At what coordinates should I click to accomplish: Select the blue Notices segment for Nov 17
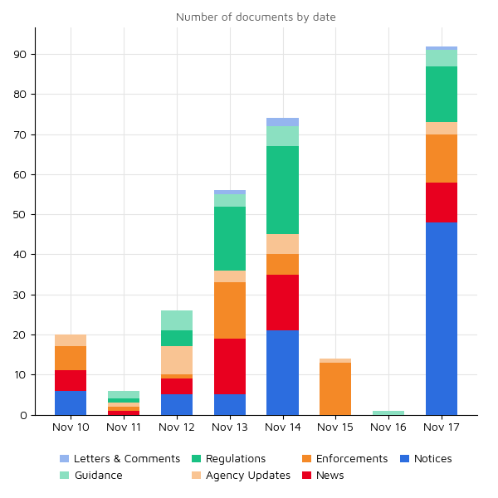click(x=442, y=319)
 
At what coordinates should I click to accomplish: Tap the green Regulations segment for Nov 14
click(x=282, y=190)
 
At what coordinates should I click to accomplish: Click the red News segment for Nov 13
click(x=230, y=367)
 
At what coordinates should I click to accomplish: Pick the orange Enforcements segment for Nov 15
click(x=335, y=388)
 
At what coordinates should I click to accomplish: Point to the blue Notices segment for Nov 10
click(x=71, y=403)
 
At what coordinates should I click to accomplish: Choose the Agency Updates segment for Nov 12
click(x=177, y=360)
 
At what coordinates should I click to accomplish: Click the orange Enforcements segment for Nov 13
click(x=230, y=310)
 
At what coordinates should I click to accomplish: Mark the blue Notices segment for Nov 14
click(x=282, y=373)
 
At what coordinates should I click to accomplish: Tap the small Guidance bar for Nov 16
click(x=388, y=413)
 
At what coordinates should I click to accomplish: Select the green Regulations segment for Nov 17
click(x=442, y=94)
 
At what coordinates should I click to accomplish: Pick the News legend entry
click(x=330, y=476)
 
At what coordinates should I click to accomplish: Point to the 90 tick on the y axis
click(x=21, y=55)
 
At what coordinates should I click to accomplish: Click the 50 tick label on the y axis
click(x=21, y=215)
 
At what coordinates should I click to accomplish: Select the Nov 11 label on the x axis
click(x=124, y=427)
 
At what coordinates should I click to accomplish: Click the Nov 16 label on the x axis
click(x=388, y=427)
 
